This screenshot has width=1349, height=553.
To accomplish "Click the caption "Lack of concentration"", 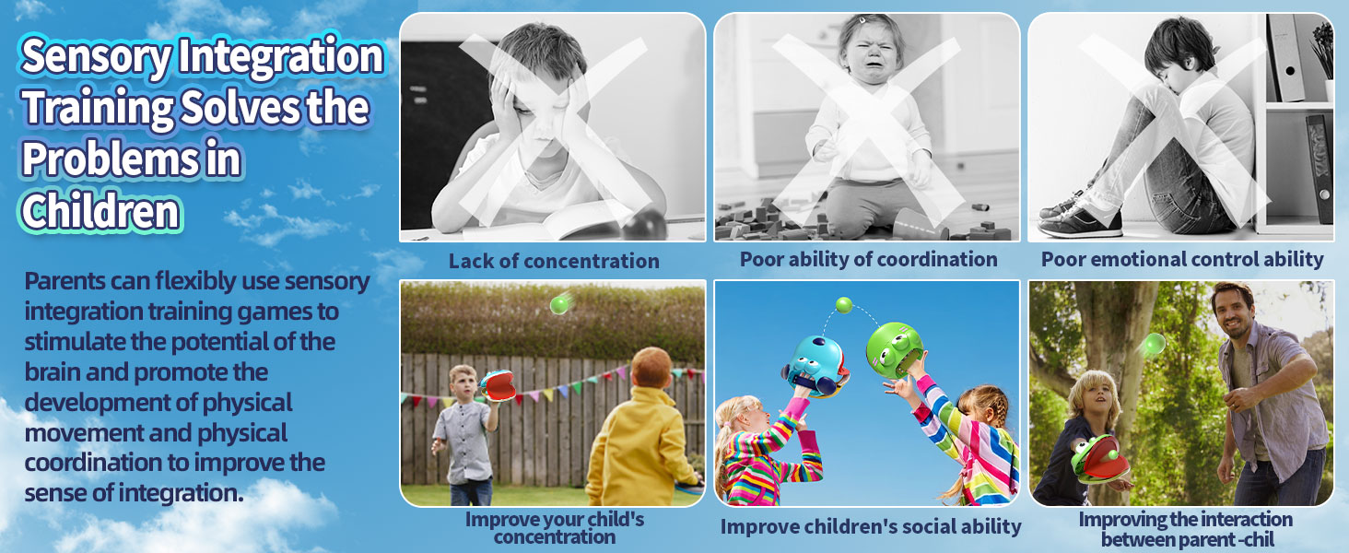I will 554,261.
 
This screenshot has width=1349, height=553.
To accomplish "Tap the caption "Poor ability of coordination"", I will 868,259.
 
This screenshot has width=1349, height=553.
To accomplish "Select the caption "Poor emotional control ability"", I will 1182,259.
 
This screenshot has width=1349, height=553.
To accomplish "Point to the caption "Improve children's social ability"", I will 870,526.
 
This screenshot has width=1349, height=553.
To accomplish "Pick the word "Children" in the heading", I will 100,211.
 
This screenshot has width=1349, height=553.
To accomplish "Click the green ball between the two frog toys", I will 843,304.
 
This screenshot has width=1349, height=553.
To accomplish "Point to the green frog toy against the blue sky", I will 894,348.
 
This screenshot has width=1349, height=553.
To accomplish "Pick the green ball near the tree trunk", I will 1152,345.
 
